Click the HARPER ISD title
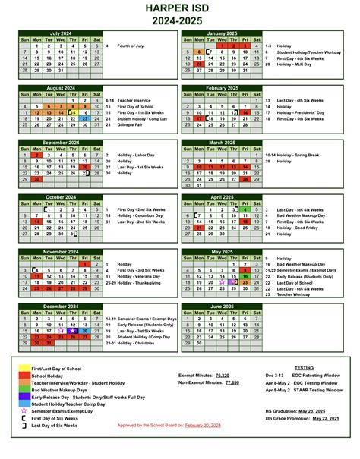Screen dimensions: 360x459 pos(179,8)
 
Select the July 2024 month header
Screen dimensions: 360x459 pos(60,33)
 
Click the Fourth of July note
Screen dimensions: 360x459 pos(132,46)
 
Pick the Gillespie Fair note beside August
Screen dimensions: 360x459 pos(136,125)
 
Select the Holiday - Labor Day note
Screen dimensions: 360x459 pos(141,155)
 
